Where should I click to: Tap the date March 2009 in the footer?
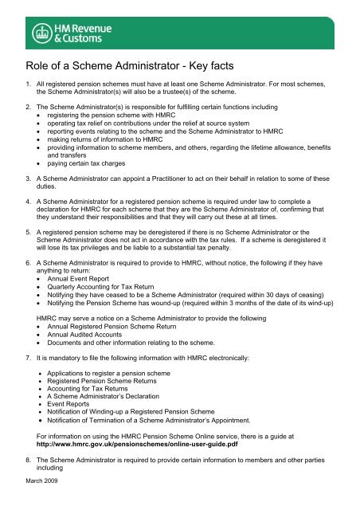pyautogui.click(x=37, y=502)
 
